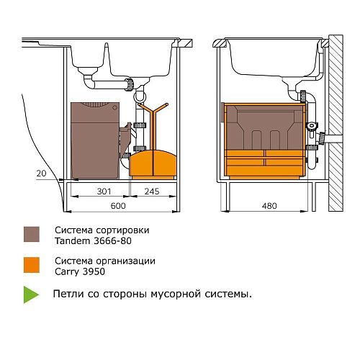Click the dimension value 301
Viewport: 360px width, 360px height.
click(x=104, y=192)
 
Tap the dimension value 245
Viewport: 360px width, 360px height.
click(x=152, y=192)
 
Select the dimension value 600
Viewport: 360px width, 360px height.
click(x=118, y=206)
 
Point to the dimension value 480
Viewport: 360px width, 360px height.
click(x=269, y=206)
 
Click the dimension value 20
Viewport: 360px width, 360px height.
click(x=41, y=174)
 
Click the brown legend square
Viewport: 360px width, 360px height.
click(x=32, y=234)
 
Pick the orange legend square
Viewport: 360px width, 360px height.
click(x=32, y=265)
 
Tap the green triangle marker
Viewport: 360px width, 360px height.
click(x=30, y=294)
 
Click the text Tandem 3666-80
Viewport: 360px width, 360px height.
click(x=93, y=240)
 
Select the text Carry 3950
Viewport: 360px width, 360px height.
click(x=80, y=271)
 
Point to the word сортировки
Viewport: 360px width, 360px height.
click(x=122, y=230)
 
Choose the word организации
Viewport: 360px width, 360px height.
click(x=125, y=261)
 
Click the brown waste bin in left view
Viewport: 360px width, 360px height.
click(x=95, y=140)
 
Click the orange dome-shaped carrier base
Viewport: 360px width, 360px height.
click(x=153, y=164)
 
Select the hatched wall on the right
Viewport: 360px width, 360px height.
click(x=336, y=123)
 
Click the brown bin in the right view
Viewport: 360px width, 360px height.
click(x=264, y=127)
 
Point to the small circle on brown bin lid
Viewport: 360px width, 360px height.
click(x=114, y=107)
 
